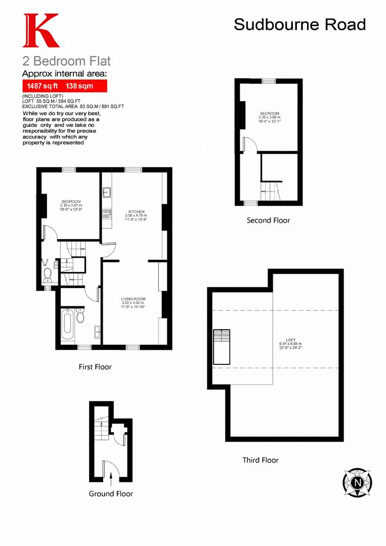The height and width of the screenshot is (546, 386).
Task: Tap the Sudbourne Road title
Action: point(299,24)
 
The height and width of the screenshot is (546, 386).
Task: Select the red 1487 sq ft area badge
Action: point(65,86)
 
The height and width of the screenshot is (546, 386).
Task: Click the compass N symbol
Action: point(358,482)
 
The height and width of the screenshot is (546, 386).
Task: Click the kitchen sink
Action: point(107,193)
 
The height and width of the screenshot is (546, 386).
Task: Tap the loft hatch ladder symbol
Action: point(222,346)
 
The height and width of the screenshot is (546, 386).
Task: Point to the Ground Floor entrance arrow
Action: point(111,477)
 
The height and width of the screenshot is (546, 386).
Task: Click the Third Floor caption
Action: point(261,460)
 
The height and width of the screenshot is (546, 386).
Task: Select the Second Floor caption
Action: point(268,220)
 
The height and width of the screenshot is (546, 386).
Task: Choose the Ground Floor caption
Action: point(111,493)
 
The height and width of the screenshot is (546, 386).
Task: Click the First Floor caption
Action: point(95,367)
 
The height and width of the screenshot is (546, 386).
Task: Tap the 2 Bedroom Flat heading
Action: point(66,61)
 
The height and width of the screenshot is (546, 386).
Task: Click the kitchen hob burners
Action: point(107,213)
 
